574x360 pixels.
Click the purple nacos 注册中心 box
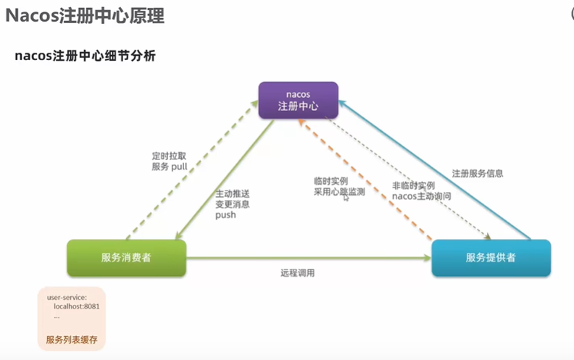point(299,101)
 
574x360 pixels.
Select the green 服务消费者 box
point(126,257)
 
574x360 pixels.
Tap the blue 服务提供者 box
point(491,257)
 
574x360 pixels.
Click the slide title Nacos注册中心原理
point(85,16)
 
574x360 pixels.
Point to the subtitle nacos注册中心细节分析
point(85,56)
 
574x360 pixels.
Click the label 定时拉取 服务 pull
point(169,161)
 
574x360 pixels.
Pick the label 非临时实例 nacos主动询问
point(421,191)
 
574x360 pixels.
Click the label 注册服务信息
point(477,174)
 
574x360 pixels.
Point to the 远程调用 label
point(297,273)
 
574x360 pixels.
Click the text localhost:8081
point(77,306)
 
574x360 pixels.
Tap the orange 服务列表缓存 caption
point(71,339)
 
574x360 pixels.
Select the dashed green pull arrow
point(192,170)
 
